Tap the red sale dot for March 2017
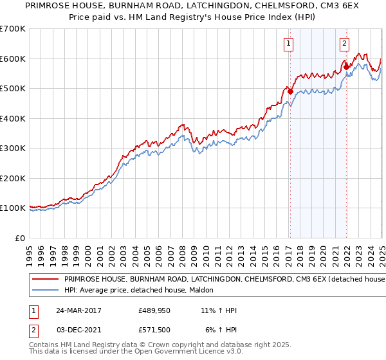click(x=290, y=91)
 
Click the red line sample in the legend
click(x=46, y=280)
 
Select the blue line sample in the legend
click(x=46, y=291)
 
